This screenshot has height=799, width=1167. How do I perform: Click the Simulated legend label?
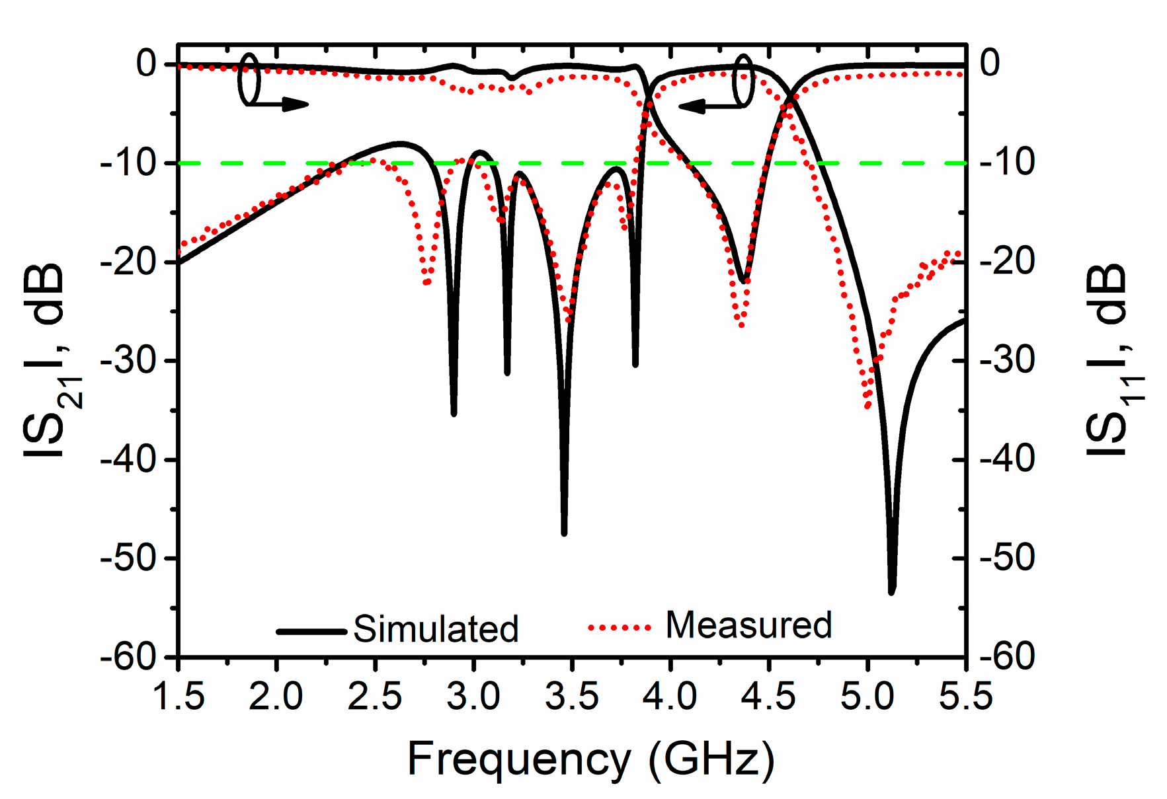click(435, 628)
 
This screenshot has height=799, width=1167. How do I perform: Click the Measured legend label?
click(748, 625)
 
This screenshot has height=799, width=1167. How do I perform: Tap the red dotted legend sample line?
click(620, 627)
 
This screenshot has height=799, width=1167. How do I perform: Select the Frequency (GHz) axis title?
click(590, 759)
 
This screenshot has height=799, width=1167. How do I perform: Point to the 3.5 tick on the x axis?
click(572, 697)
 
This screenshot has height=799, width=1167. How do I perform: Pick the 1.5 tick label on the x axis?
click(179, 697)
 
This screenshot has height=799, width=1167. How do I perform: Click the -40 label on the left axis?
click(128, 459)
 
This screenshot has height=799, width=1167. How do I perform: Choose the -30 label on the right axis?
click(1006, 360)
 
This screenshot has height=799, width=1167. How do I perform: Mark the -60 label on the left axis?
click(128, 657)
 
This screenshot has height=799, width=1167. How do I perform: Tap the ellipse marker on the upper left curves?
click(250, 79)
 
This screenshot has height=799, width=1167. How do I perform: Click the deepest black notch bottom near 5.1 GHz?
click(891, 590)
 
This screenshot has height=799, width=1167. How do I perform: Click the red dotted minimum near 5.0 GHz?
click(867, 404)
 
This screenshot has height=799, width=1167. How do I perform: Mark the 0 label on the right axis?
click(990, 63)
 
